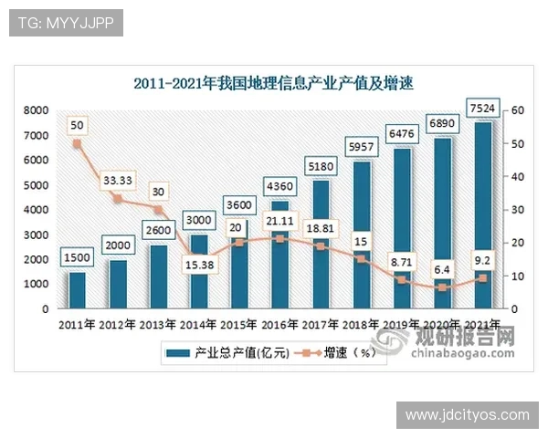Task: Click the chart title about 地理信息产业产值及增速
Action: (x=273, y=84)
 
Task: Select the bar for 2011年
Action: (x=78, y=290)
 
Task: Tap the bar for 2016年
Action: (x=279, y=255)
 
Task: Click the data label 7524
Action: (x=482, y=109)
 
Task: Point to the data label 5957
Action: (x=361, y=146)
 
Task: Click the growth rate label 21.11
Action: (x=280, y=219)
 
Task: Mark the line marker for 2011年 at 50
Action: (x=78, y=143)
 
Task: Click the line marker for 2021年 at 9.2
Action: (x=482, y=278)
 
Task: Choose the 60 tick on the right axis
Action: (x=517, y=110)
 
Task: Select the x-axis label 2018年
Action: (x=360, y=325)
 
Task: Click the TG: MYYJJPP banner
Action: (x=65, y=23)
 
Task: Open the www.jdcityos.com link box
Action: (x=467, y=415)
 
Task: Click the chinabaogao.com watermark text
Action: (x=466, y=354)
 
